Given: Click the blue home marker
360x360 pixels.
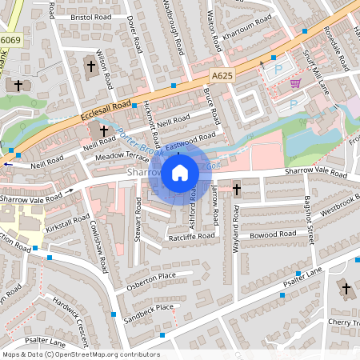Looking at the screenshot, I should point(180,173).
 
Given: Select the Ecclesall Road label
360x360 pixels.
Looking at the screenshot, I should point(106,110).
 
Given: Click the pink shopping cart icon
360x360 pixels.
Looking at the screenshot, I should point(296,82).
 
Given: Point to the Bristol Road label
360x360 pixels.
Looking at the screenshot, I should point(90,16).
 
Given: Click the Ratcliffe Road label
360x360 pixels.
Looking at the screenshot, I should point(191,237).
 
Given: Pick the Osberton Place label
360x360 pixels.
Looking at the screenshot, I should point(150,276).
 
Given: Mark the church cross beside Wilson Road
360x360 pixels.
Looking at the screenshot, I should point(90,66).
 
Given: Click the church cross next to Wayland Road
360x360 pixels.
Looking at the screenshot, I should point(236,190).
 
